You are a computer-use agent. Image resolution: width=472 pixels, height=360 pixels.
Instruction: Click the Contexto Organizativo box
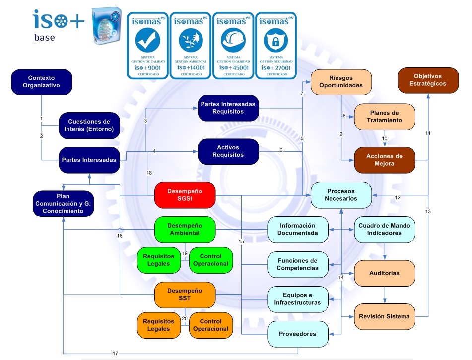(x=42, y=82)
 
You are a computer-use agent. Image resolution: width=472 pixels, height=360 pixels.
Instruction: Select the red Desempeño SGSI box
(x=185, y=195)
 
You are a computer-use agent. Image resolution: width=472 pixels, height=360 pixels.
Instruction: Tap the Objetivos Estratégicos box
(x=430, y=80)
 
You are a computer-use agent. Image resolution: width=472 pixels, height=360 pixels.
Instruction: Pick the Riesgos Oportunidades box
(x=341, y=82)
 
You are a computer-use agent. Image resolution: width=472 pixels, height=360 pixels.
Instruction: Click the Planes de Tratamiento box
(x=384, y=116)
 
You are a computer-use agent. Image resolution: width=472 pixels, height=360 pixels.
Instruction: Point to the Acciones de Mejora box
(x=384, y=160)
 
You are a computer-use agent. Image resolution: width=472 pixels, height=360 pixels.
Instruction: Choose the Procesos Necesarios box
(x=341, y=195)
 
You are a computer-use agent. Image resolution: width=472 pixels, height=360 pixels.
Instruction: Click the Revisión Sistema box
(x=384, y=317)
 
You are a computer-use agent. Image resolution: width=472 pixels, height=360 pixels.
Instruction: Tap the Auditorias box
(x=384, y=273)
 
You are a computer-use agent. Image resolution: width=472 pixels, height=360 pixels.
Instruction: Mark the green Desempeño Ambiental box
(x=185, y=229)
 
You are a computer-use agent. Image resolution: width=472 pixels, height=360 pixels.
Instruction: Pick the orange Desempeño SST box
(x=185, y=294)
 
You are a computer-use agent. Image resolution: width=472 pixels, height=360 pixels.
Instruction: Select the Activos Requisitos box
(x=228, y=151)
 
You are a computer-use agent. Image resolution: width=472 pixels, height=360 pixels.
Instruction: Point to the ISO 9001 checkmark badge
(x=148, y=45)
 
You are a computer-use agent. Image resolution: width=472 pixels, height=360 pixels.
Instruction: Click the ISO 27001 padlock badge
(x=276, y=45)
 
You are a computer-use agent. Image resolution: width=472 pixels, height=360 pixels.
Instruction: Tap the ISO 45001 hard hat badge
(x=233, y=45)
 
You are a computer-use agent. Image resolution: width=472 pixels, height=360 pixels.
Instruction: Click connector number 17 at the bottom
(x=115, y=353)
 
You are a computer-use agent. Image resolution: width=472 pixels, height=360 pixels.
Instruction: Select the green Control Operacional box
(x=211, y=260)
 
